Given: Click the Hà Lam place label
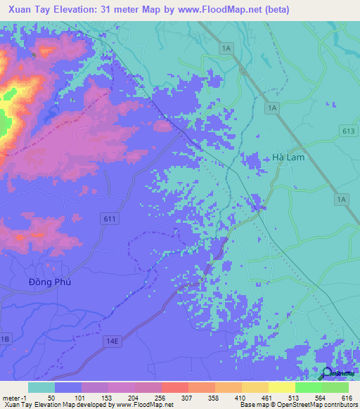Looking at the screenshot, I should pyautogui.click(x=288, y=157).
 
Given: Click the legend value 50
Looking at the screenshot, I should pyautogui.click(x=51, y=397).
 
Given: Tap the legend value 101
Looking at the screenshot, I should pyautogui.click(x=79, y=397).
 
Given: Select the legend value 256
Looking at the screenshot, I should pyautogui.click(x=161, y=397).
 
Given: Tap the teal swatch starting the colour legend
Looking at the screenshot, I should pyautogui.click(x=41, y=387).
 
